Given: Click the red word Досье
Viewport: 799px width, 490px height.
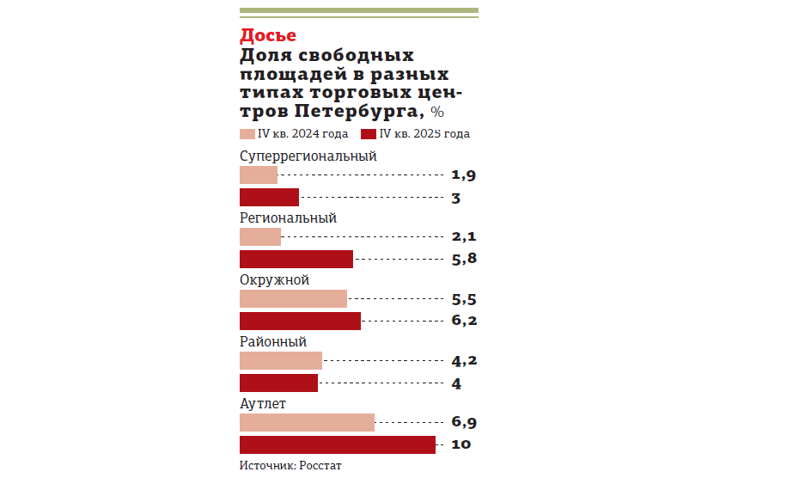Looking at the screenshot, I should tap(268, 35).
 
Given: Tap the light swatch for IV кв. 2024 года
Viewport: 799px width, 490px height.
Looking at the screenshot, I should tap(247, 134).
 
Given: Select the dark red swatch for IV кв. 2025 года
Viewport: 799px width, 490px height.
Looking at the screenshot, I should tap(369, 134).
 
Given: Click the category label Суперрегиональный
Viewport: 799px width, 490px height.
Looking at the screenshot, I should tap(308, 156).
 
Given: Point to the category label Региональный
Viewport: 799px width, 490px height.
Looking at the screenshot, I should tap(287, 218).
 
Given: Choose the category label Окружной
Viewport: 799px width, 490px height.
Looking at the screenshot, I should tap(274, 280).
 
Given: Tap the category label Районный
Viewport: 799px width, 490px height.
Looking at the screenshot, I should tap(272, 342).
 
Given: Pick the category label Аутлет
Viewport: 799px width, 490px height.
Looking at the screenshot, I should tap(262, 404).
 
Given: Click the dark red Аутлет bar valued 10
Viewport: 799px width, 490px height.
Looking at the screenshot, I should tap(337, 444).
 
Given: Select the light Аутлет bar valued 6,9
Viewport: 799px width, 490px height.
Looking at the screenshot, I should tap(307, 423).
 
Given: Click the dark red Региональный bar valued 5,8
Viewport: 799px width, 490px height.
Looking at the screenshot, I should tap(296, 259).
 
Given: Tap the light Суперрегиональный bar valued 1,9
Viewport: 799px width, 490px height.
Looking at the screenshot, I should tap(258, 175).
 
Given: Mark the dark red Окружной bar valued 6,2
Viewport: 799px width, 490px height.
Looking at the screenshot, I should tap(300, 321).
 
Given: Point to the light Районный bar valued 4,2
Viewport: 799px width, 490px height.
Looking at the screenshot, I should tap(280, 361).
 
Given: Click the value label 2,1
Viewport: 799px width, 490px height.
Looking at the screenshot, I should tap(463, 237).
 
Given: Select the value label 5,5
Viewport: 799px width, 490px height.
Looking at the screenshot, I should tap(463, 299).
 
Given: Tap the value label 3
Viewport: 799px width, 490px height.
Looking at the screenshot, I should tap(456, 198).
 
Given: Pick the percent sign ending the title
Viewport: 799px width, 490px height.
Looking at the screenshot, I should tap(437, 113).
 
